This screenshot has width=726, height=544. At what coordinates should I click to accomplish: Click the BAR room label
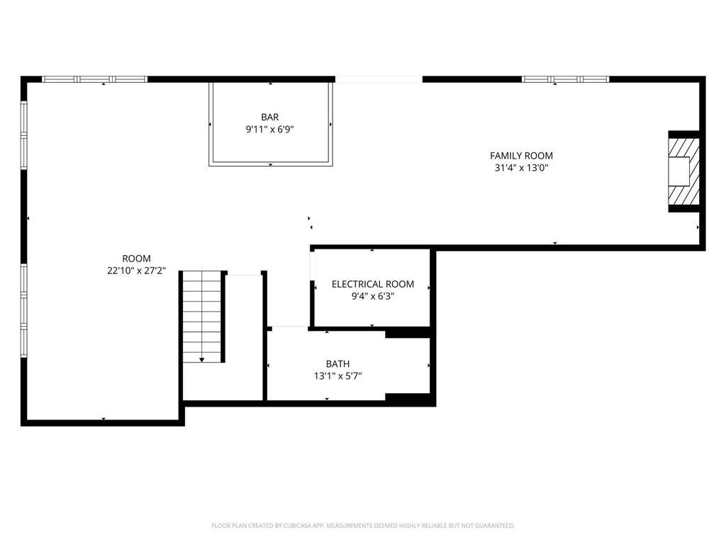[x=270, y=118]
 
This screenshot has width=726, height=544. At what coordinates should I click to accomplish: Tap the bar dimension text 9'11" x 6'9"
[x=270, y=130]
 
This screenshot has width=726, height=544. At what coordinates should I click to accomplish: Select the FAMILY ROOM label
[x=521, y=156]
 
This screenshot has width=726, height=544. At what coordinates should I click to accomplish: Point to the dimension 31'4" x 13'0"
[x=521, y=168]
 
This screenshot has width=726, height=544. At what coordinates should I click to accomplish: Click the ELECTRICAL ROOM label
[x=372, y=284]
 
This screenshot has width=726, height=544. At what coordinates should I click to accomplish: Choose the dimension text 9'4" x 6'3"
[x=372, y=296]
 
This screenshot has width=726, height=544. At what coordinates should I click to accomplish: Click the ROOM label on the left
[x=136, y=259]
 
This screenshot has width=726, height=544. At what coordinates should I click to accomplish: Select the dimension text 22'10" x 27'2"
[x=136, y=271]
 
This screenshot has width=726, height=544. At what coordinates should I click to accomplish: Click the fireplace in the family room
[x=684, y=171]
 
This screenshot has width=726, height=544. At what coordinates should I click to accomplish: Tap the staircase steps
[x=203, y=315]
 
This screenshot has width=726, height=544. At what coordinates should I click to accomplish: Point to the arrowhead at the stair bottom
[x=202, y=360]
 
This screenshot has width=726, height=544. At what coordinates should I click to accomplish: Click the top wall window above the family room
[x=565, y=79]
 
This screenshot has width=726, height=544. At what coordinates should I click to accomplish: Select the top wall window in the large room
[x=95, y=79]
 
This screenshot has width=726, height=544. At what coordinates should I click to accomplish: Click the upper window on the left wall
[x=24, y=135]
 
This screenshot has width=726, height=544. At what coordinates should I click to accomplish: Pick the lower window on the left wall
[x=24, y=310]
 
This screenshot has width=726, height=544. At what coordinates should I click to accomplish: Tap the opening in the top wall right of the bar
[x=379, y=79]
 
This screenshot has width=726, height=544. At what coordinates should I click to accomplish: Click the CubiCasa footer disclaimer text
[x=363, y=526]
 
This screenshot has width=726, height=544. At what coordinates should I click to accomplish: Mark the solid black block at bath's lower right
[x=409, y=399]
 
